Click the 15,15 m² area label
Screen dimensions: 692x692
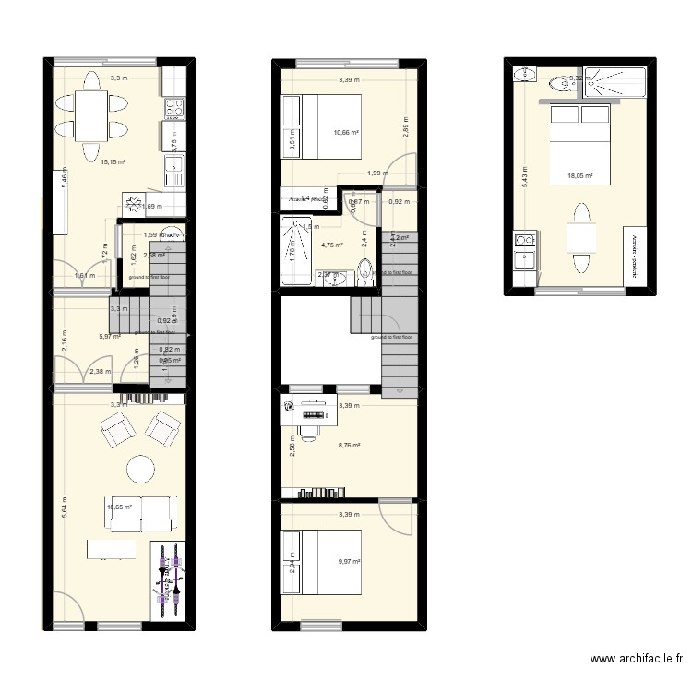[113, 161]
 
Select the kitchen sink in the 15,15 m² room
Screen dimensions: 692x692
[173, 169]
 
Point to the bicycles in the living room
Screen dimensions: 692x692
[169, 580]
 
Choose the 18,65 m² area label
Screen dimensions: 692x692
[119, 507]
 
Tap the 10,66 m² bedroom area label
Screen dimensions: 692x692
[346, 132]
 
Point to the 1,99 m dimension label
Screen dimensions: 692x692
[376, 173]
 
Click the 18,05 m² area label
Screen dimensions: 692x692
[580, 174]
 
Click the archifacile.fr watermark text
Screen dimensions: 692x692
[638, 660]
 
